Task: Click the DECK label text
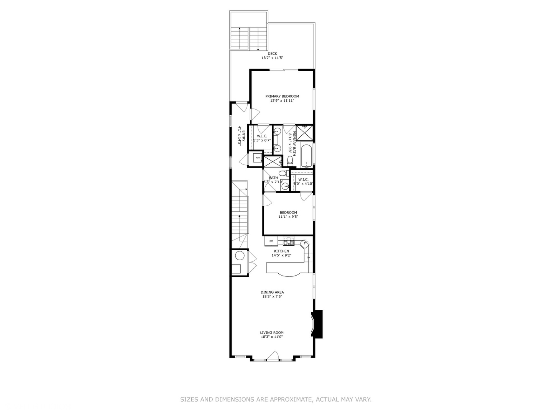tap(272, 54)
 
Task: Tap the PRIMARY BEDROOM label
tap(282, 96)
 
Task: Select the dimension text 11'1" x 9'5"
tap(288, 217)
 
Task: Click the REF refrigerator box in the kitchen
tap(271, 241)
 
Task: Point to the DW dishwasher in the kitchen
tap(308, 257)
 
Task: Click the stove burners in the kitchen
tap(288, 242)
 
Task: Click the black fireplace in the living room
tap(317, 324)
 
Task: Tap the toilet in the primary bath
tap(290, 161)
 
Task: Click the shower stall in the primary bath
tap(305, 133)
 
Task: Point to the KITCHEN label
tap(281, 251)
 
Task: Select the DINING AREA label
tap(272, 292)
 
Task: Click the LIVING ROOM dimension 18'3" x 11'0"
tap(272, 337)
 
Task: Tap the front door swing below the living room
tap(273, 356)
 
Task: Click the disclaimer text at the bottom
tap(276, 399)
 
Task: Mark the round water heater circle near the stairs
tap(240, 256)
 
